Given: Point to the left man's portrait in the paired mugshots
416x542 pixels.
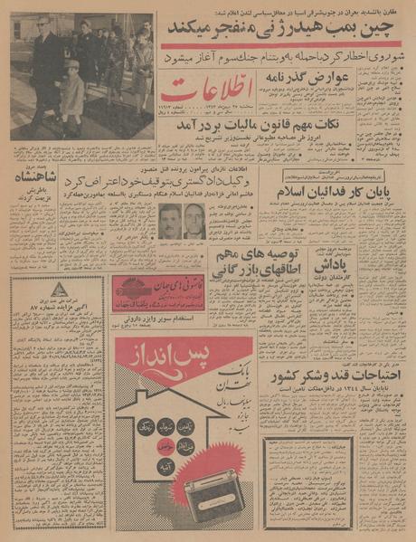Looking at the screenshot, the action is tap(169, 220).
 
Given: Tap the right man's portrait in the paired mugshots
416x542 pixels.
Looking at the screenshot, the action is tap(194, 220).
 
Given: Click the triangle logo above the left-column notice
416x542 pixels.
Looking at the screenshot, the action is tap(58, 290).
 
